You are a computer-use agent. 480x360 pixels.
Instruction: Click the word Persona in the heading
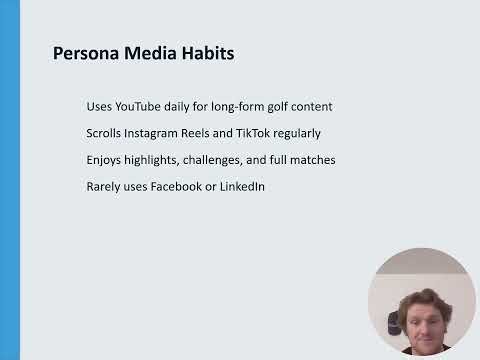point(84,52)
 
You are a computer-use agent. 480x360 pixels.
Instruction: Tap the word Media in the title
point(148,52)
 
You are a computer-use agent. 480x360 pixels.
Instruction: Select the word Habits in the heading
point(207,52)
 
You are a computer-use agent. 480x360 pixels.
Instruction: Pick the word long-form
point(239,106)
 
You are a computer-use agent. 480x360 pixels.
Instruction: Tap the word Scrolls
point(107,133)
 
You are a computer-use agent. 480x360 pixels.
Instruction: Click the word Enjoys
point(106,159)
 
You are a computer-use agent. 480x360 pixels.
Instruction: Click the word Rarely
point(105,186)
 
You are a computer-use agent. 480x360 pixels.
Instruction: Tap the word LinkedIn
point(246,186)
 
